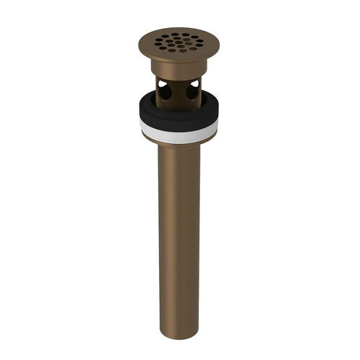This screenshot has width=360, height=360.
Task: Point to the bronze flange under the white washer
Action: click(x=180, y=138)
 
